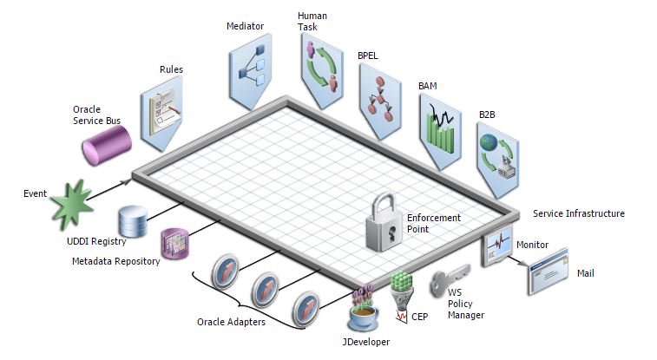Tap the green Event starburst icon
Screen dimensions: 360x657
click(71, 206)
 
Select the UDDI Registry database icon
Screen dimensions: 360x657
click(133, 222)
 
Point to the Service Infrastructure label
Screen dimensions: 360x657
click(578, 213)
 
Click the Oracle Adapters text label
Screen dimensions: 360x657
click(230, 321)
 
